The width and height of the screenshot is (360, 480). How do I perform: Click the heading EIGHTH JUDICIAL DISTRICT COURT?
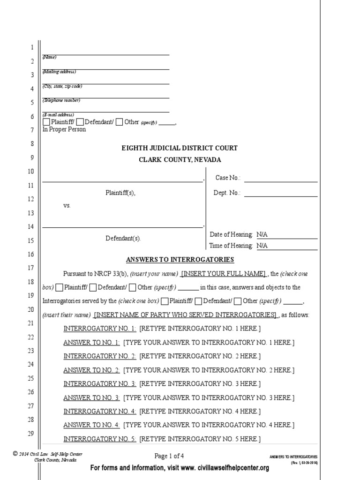[x=180, y=148]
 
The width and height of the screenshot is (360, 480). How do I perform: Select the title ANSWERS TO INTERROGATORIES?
[x=180, y=260]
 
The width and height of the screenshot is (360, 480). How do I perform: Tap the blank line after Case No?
[x=280, y=178]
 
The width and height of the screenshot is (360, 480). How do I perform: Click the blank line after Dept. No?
[x=280, y=193]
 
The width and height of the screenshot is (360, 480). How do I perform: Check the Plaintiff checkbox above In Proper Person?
[x=46, y=122]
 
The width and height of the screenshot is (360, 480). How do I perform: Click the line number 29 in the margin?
[x=30, y=434]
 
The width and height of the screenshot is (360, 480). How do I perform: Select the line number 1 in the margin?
[x=32, y=48]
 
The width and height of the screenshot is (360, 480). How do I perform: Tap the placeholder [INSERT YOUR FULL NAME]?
[x=223, y=274]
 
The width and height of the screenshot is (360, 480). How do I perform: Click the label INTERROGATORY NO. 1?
[x=100, y=329]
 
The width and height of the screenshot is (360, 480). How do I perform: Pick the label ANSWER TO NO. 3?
[x=92, y=398]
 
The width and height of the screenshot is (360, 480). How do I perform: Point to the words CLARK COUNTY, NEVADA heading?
[x=180, y=160]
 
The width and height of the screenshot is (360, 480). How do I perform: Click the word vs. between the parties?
[x=67, y=206]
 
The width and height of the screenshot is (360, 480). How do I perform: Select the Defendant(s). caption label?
[x=123, y=238]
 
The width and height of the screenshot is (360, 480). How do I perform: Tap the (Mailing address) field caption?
[x=59, y=72]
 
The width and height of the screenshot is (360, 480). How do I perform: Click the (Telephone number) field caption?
[x=61, y=100]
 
